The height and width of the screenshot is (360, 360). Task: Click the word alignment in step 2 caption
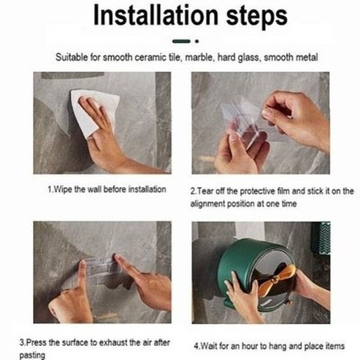(x=207, y=203)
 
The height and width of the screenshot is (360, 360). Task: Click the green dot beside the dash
(x=196, y=42)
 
